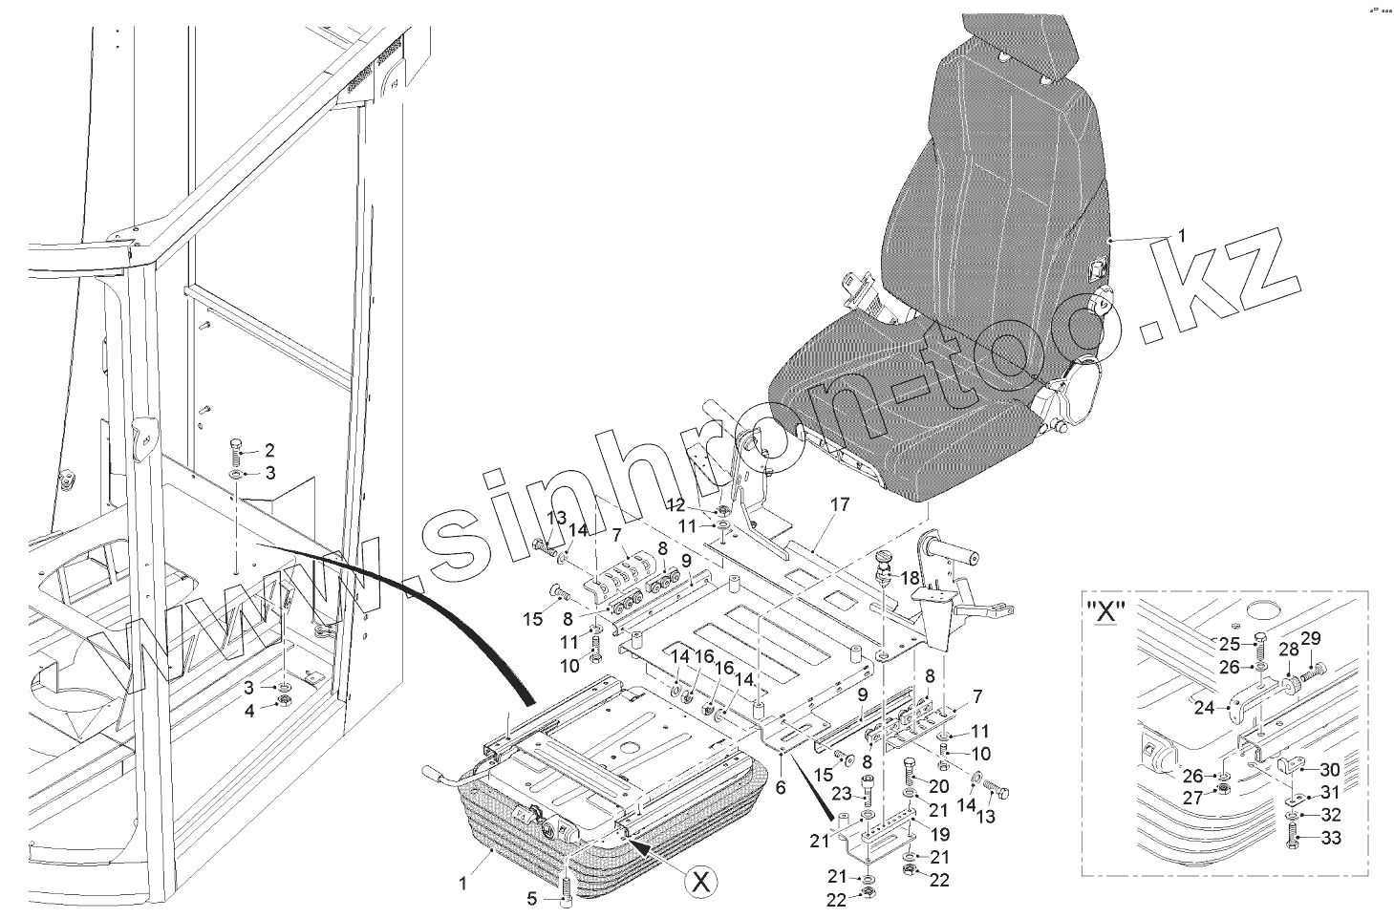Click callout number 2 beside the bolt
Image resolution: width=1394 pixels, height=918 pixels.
(269, 450)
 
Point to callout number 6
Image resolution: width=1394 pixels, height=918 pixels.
(780, 788)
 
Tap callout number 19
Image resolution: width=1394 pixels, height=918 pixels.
(940, 833)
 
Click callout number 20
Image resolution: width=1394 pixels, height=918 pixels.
(938, 785)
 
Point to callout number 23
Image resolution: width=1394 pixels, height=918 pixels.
(841, 793)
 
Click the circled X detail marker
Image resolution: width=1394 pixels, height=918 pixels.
(701, 884)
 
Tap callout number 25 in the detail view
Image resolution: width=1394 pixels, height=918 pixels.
(1228, 644)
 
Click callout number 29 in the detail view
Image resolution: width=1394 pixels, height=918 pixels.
(1309, 638)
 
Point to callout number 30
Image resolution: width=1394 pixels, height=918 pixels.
(1330, 770)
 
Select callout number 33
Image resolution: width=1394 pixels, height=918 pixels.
(1331, 839)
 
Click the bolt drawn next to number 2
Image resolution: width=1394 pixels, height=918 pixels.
(236, 450)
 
